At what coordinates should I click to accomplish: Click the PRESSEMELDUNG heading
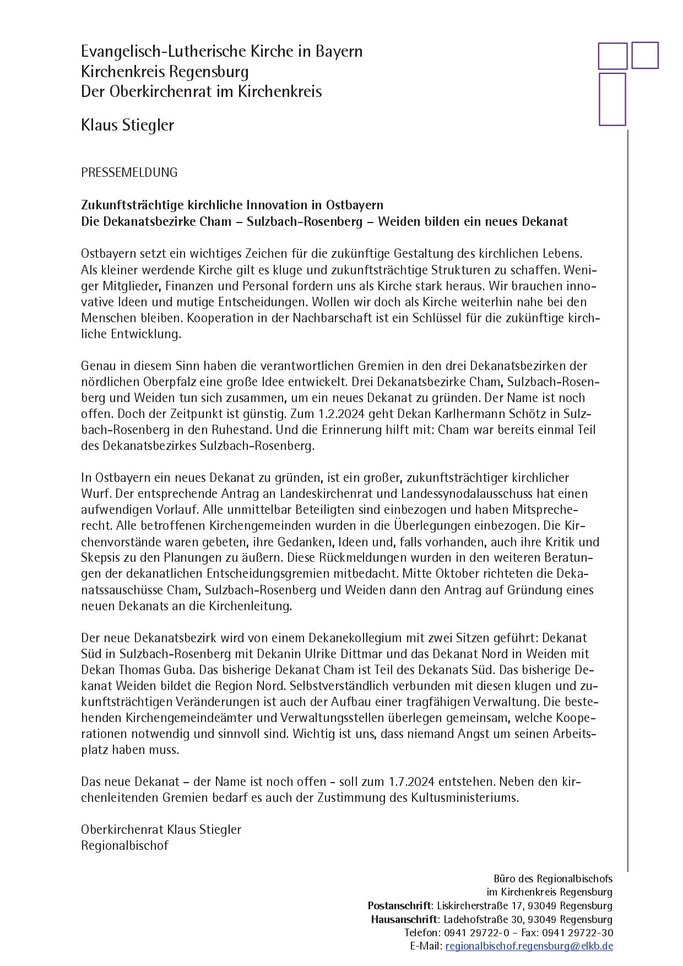[129, 172]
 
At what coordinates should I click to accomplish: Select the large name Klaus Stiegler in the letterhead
[127, 125]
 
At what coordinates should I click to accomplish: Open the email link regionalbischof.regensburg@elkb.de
[529, 946]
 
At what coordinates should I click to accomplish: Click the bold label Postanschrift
[399, 906]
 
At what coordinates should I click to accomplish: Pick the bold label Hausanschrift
[404, 919]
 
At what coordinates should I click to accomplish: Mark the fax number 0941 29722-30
[578, 932]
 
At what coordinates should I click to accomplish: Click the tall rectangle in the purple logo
[612, 99]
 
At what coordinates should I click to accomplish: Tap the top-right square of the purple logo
[644, 55]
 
